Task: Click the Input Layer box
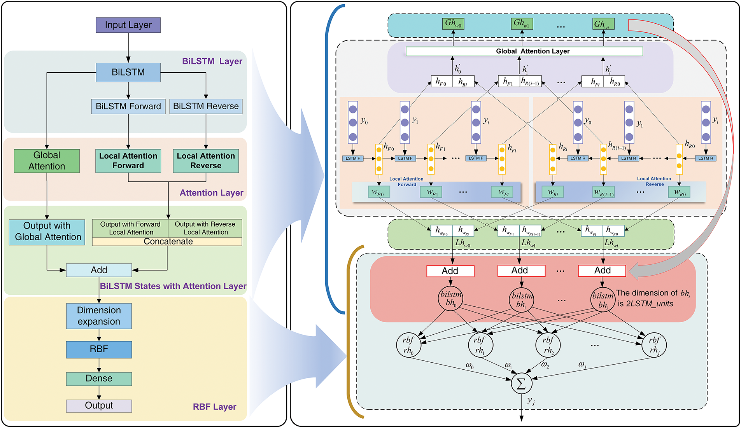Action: (x=128, y=25)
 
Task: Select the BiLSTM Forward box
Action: (x=128, y=107)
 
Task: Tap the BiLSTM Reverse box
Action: (x=206, y=107)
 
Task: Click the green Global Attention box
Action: (x=47, y=161)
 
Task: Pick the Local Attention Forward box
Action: (x=128, y=161)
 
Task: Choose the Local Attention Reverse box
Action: (x=206, y=161)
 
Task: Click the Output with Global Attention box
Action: (x=47, y=232)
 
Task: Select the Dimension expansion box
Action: (x=99, y=316)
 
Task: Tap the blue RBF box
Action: (x=99, y=349)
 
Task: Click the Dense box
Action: (x=99, y=379)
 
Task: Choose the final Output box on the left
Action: (x=99, y=406)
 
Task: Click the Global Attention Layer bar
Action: (x=524, y=51)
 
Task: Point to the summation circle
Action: (x=521, y=384)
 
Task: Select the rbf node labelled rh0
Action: (x=408, y=345)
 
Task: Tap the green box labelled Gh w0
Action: (x=454, y=24)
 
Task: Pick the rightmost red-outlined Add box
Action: (x=602, y=271)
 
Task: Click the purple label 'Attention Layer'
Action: (x=211, y=193)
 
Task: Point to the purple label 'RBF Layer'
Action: (x=214, y=407)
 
